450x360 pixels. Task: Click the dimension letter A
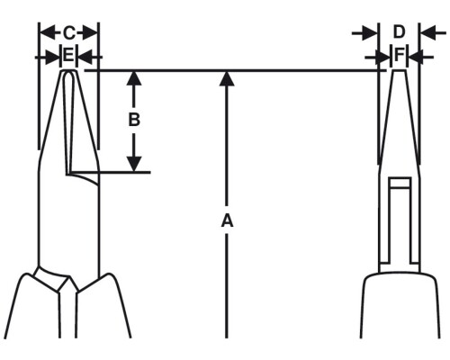coord(227,220)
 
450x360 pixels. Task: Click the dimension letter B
coord(134,120)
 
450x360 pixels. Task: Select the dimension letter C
coord(69,33)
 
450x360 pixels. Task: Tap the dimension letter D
coord(399,32)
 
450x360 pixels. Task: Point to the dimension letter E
coord(69,56)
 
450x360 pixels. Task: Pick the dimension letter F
coord(400,56)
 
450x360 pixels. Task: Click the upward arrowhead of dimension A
coord(227,79)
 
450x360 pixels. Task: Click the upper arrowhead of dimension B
coord(134,78)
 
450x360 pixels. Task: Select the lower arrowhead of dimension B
coord(134,165)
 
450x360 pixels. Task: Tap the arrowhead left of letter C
coord(48,32)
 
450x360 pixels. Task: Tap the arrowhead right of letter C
coord(90,32)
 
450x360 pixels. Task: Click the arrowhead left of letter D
coord(370,32)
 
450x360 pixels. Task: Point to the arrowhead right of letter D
coord(427,32)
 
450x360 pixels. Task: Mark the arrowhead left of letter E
coord(53,57)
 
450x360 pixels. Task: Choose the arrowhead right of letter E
coord(85,57)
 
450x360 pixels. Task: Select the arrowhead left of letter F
coord(382,57)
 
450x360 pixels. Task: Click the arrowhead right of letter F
coord(417,57)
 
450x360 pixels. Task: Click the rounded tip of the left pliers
coord(69,72)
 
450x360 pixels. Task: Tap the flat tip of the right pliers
coord(400,70)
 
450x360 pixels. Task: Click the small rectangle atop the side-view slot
coord(400,183)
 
